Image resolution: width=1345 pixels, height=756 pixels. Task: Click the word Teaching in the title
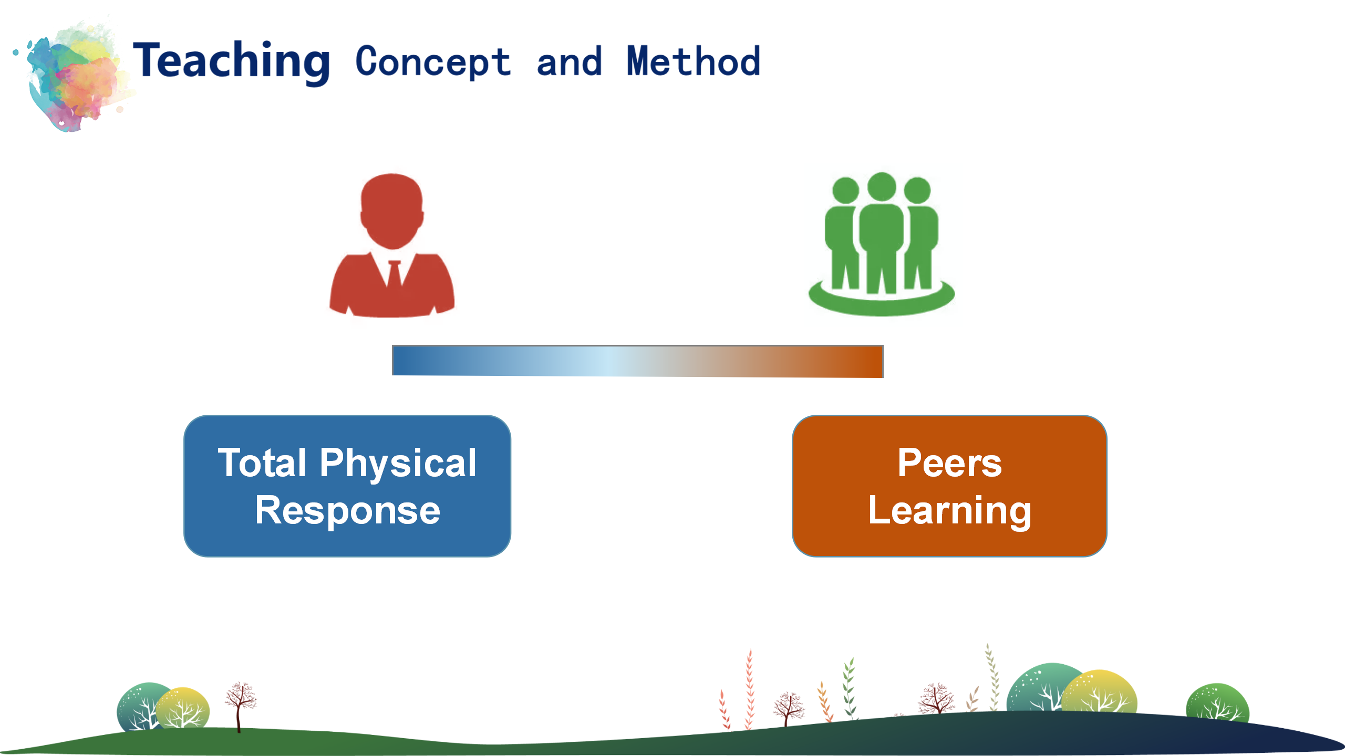pos(231,62)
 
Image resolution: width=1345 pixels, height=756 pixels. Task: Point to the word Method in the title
pos(694,61)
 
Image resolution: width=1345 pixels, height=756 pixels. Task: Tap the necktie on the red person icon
pos(394,273)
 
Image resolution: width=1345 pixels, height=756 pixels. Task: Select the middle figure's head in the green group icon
pos(882,186)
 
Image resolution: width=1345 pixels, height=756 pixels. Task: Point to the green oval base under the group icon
pos(882,302)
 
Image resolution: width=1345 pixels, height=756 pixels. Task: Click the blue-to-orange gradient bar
pos(638,361)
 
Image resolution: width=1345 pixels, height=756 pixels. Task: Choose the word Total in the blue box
pos(262,463)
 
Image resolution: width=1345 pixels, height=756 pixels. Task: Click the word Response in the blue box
pos(348,511)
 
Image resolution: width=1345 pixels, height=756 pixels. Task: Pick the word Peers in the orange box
pos(950,463)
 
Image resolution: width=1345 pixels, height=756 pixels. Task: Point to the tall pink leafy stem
pos(750,689)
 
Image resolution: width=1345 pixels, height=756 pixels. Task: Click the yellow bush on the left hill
pos(183,708)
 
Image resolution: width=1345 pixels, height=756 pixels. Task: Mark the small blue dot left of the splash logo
pos(16,52)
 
